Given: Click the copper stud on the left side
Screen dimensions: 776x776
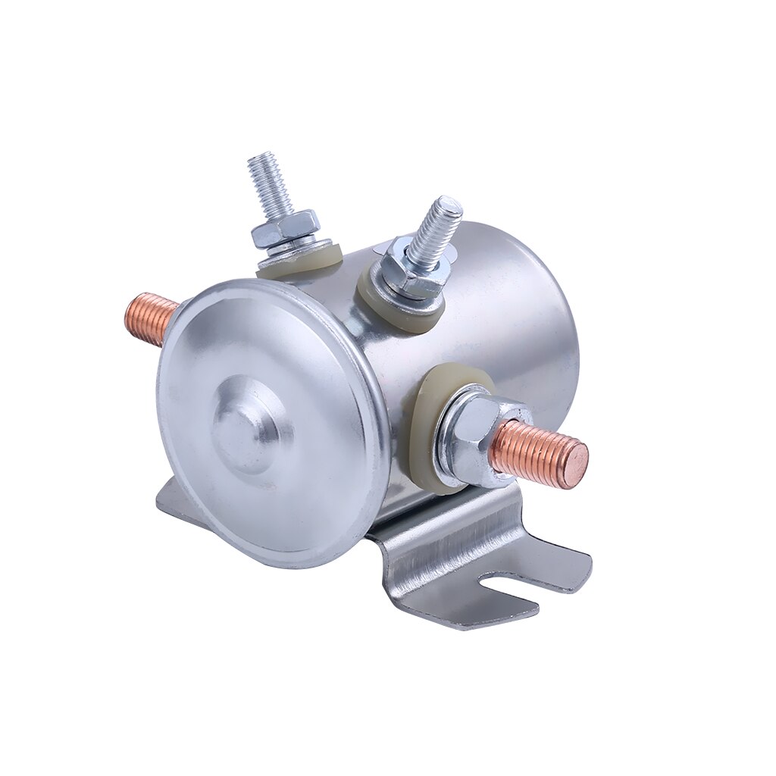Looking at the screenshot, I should point(149,318).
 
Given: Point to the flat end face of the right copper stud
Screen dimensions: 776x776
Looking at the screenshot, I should point(577,465).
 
